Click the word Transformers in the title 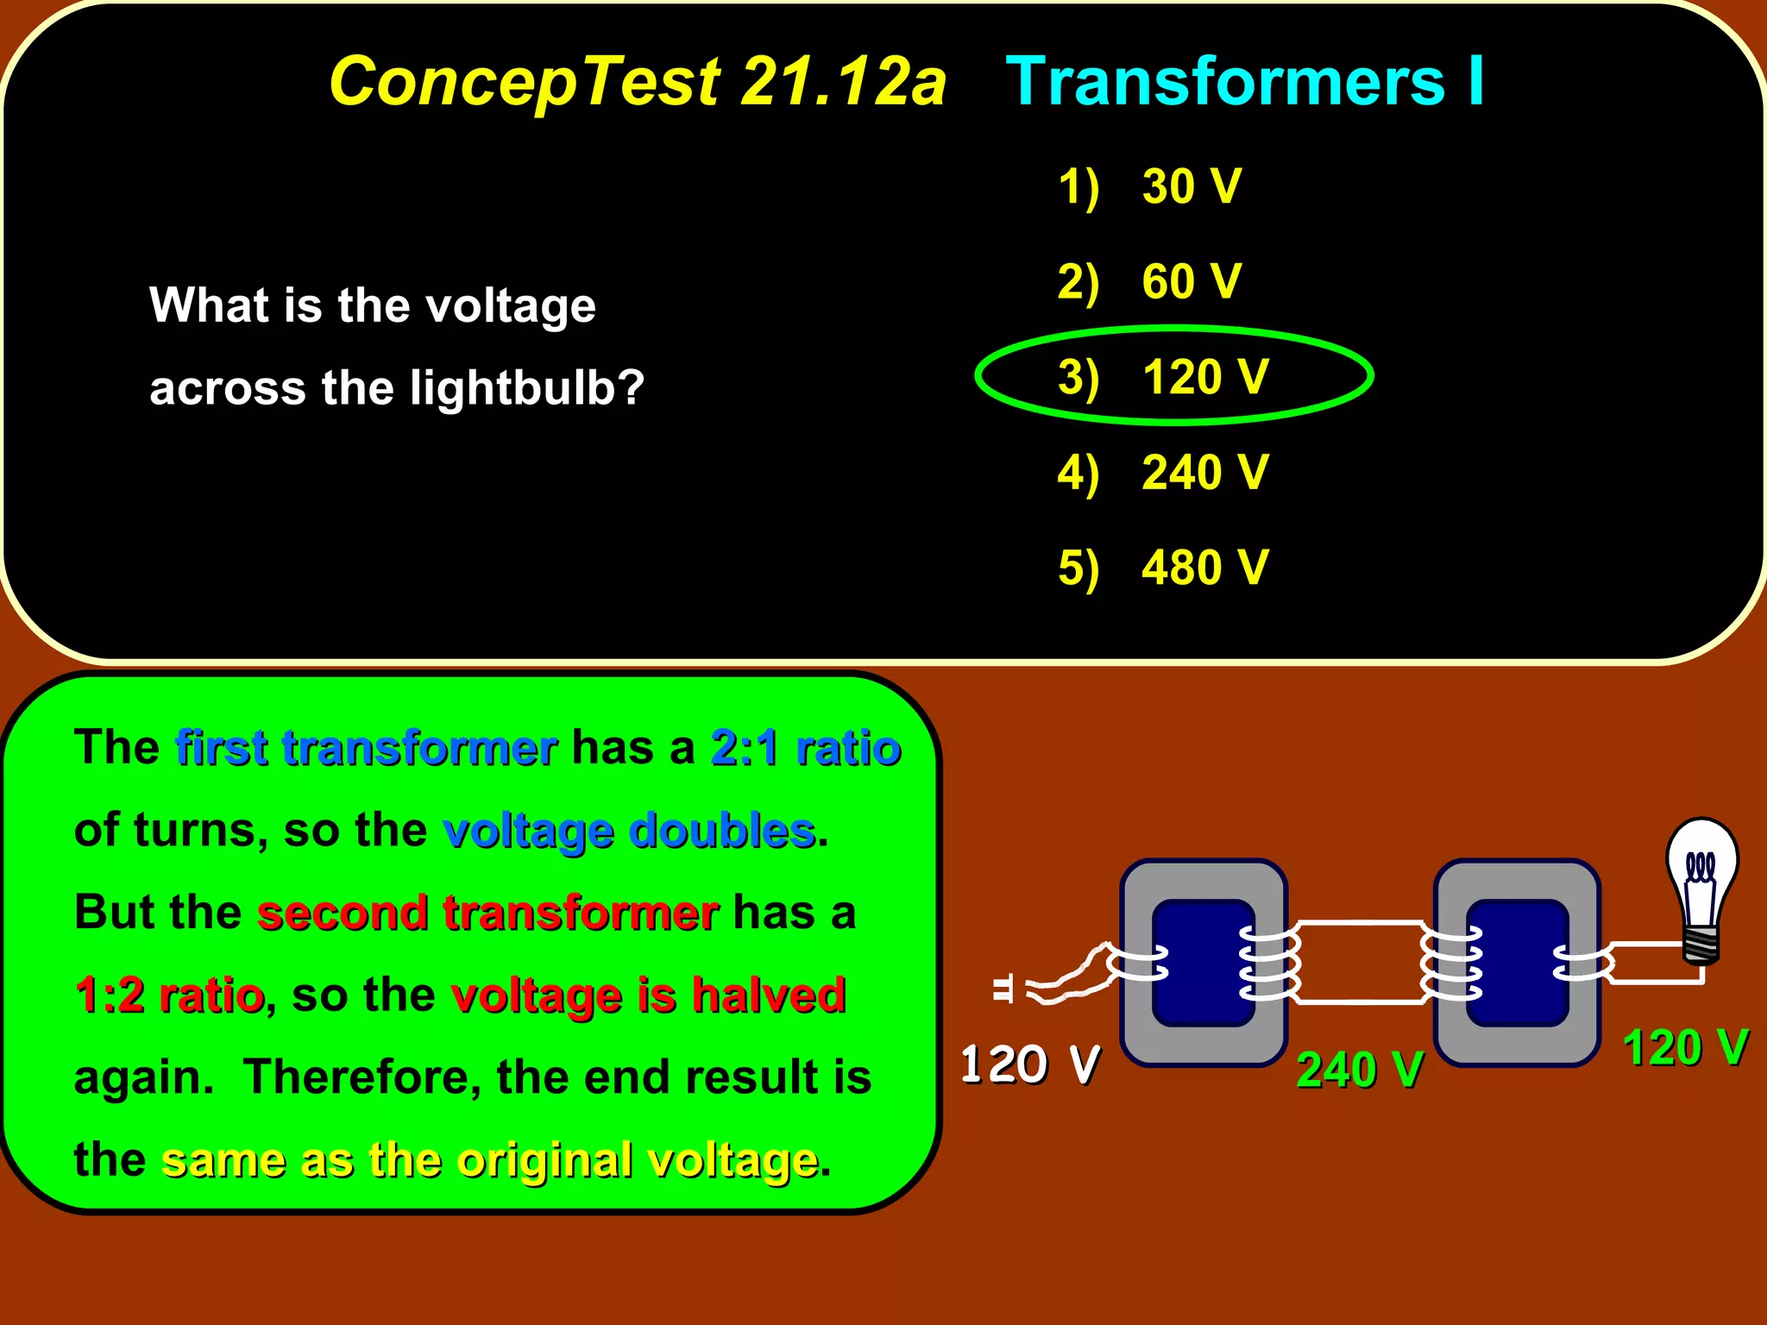coord(1225,82)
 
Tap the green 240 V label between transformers coord(1359,1070)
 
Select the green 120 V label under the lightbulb coord(1685,1048)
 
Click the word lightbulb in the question coord(526,388)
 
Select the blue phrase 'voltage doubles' coord(629,830)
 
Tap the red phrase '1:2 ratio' coord(169,995)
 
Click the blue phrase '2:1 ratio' coord(806,747)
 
